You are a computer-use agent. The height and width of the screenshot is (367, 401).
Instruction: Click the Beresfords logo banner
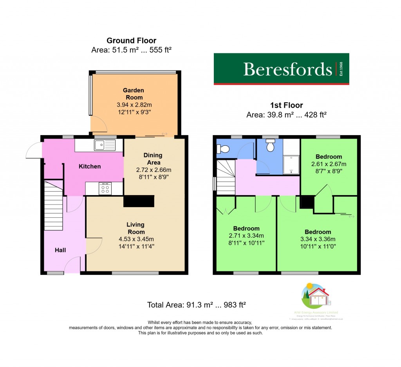(281, 69)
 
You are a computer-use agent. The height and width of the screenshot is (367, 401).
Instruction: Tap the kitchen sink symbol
(105, 145)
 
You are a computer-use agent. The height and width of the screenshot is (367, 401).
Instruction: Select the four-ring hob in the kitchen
(105, 189)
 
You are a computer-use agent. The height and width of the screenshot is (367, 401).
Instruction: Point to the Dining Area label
(153, 159)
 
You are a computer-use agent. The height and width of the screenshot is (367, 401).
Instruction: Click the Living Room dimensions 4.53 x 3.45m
(135, 239)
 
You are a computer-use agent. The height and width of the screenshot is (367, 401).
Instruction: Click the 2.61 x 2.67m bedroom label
(329, 157)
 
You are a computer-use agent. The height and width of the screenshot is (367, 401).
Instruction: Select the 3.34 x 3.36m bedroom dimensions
(318, 239)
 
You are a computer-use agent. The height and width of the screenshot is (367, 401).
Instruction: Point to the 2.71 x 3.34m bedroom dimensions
(246, 236)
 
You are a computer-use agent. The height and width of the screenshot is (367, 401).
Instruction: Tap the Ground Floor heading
(131, 41)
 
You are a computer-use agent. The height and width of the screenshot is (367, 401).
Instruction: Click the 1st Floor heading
(286, 105)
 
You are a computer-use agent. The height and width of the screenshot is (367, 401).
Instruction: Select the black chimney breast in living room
(139, 201)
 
